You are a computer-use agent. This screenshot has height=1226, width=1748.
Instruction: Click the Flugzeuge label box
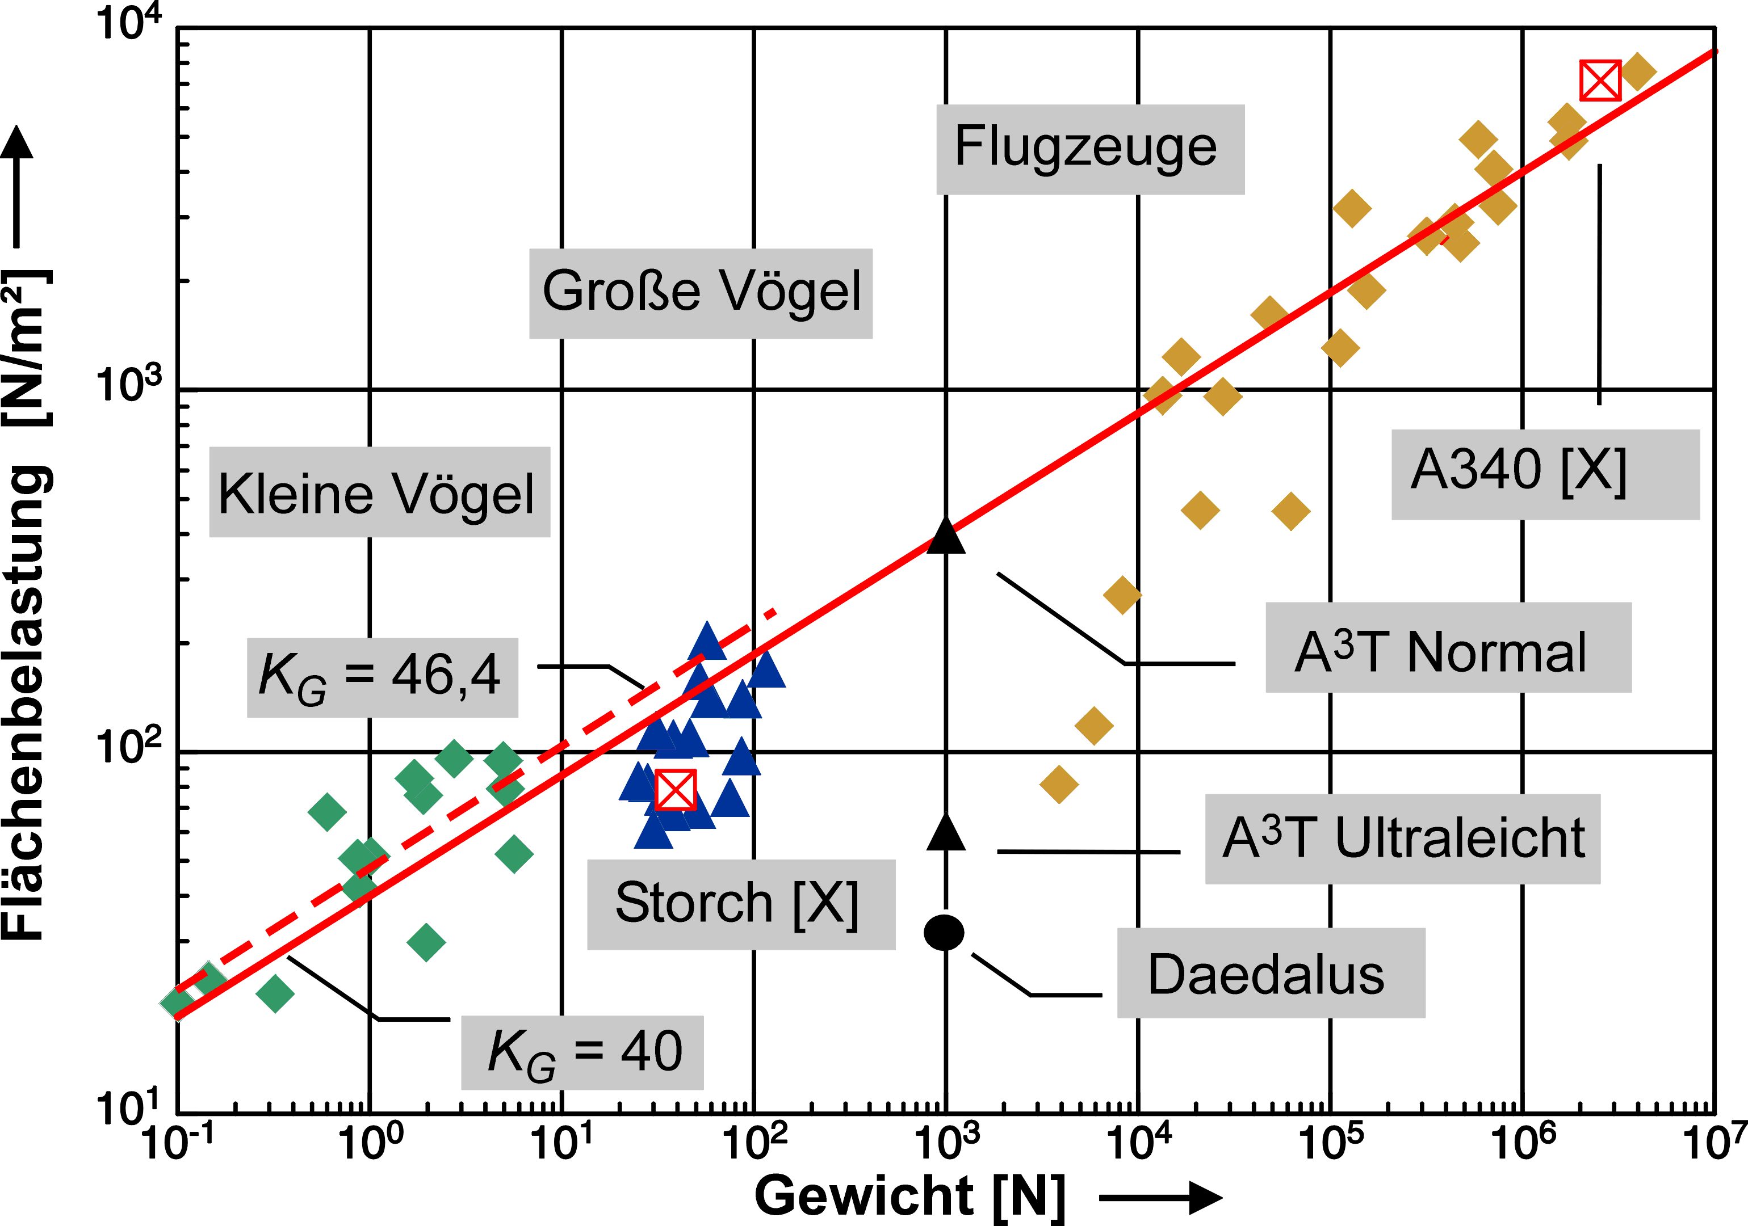(x=1089, y=149)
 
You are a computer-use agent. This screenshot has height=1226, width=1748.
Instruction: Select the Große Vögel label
(x=701, y=293)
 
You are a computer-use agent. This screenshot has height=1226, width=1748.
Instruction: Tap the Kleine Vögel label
(x=379, y=492)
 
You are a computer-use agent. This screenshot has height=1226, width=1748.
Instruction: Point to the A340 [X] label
(x=1545, y=474)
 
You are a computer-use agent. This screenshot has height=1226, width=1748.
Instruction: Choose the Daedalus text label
(x=1270, y=974)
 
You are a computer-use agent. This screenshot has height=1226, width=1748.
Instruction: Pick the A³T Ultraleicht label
(x=1402, y=840)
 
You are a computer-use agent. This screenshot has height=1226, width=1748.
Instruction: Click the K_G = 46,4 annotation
(x=382, y=677)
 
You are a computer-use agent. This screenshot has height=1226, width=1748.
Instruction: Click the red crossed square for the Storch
(x=675, y=790)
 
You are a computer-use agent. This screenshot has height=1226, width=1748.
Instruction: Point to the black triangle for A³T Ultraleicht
(x=946, y=832)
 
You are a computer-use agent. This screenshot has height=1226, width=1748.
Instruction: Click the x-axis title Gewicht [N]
(x=910, y=1195)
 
